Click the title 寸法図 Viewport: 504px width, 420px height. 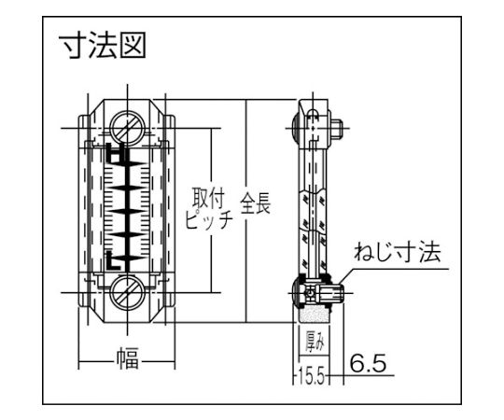pos(103,45)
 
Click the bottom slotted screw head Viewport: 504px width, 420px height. pos(128,292)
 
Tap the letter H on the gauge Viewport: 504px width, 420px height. pos(116,153)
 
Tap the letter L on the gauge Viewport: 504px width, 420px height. pos(114,260)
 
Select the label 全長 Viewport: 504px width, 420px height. pos(256,203)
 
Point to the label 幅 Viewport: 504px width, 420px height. pos(128,357)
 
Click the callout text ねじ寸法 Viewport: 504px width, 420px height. pos(398,252)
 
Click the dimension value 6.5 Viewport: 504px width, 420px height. pos(368,363)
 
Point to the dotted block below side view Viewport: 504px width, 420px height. pos(314,314)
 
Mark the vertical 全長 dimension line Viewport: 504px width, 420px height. pos(245,211)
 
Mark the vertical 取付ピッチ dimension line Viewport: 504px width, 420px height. pos(211,211)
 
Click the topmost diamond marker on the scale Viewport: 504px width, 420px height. pos(129,164)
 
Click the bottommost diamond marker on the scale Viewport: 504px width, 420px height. pos(129,258)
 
